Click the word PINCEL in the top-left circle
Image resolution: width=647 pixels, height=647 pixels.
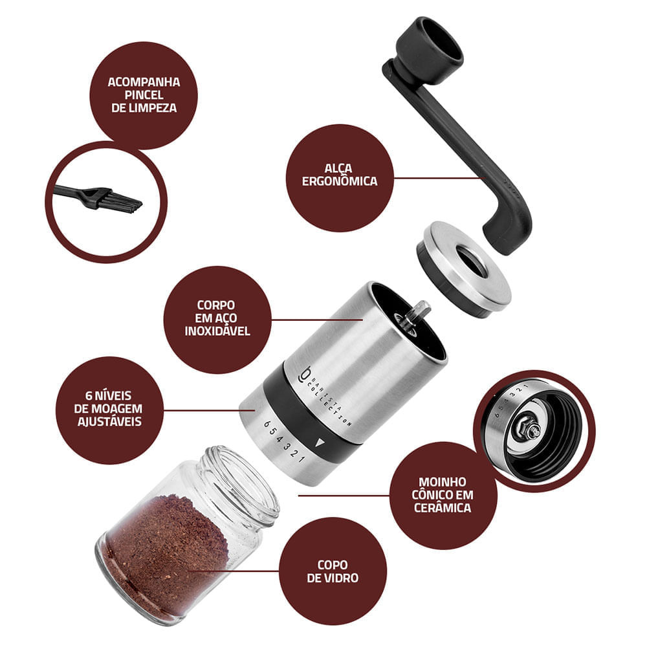pos(144,95)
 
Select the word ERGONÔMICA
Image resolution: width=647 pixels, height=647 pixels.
pos(340,181)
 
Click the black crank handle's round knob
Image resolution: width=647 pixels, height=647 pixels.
pos(429,46)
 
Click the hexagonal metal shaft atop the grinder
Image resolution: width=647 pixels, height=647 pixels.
pos(417,313)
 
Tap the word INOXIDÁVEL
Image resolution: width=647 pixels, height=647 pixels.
pos(217,331)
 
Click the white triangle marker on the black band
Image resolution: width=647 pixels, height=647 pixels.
pos(320,443)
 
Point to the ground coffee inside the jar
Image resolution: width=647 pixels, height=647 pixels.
pos(165,549)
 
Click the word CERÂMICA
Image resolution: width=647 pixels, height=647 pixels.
pos(443,507)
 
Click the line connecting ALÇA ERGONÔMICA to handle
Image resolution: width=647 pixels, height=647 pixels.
pos(439,179)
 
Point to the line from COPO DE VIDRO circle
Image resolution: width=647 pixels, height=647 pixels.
pos(234,571)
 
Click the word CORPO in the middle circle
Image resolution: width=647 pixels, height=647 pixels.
pos(216,305)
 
